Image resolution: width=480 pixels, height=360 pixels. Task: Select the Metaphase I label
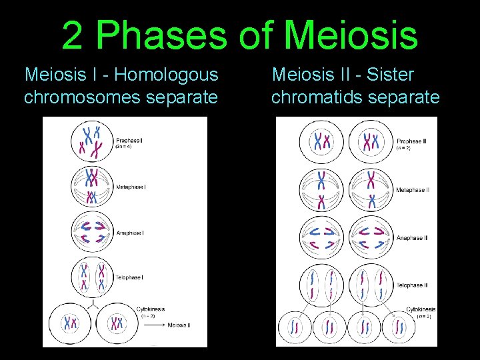[131, 187]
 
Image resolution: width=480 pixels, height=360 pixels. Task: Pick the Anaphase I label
[130, 233]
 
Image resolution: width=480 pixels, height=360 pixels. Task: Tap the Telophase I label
[129, 277]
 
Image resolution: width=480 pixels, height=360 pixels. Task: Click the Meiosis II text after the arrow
[179, 325]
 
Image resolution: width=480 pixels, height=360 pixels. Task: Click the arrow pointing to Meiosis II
[155, 325]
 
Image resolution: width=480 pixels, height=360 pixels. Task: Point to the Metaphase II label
[412, 190]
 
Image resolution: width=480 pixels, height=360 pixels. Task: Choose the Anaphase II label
[411, 238]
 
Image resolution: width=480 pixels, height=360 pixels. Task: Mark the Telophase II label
[411, 285]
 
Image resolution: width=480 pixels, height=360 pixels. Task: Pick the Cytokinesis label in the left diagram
[151, 309]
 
